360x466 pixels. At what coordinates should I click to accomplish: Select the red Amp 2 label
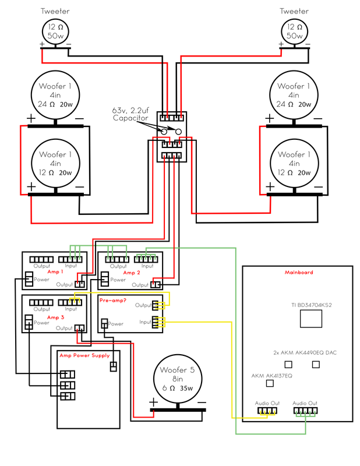click(132, 272)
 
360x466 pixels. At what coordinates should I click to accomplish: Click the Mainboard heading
click(299, 272)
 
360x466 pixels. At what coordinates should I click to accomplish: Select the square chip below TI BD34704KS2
click(310, 319)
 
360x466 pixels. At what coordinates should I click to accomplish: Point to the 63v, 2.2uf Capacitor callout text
click(132, 114)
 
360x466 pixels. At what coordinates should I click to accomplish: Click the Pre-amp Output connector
click(156, 305)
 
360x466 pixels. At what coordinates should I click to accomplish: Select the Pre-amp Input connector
click(156, 321)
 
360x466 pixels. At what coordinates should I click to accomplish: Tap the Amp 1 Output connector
click(80, 284)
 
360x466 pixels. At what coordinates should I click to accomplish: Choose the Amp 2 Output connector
click(156, 284)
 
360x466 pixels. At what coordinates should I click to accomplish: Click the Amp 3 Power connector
click(27, 322)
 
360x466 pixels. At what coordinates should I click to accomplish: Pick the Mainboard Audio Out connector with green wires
click(305, 411)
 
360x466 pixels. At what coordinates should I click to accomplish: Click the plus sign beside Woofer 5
click(153, 403)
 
